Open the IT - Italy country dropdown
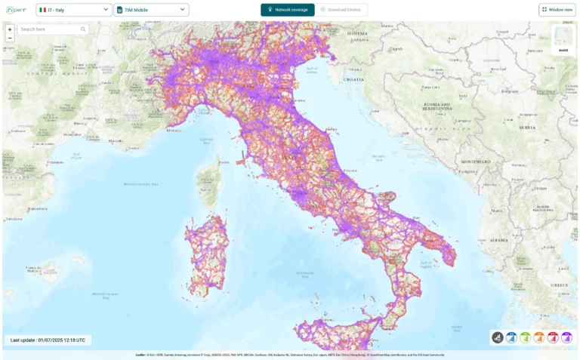click(x=74, y=10)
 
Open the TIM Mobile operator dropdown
click(x=151, y=10)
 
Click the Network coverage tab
click(x=288, y=10)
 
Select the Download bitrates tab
click(x=341, y=10)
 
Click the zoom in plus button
click(x=10, y=29)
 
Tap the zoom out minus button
click(x=10, y=37)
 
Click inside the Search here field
click(x=53, y=29)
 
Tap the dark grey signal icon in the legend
click(x=498, y=337)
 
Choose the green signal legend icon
click(x=525, y=337)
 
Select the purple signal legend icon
click(x=566, y=337)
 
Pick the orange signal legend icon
click(x=538, y=337)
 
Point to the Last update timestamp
click(x=48, y=340)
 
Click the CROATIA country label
click(x=353, y=78)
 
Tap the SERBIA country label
click(x=526, y=128)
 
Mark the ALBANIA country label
click(x=499, y=238)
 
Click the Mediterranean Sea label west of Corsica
click(x=143, y=183)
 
